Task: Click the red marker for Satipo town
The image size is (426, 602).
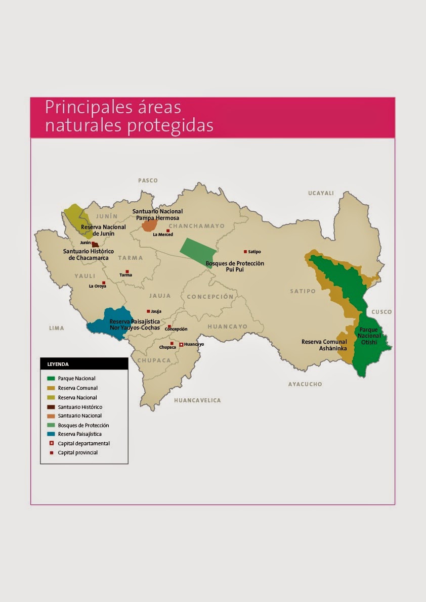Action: [245, 251]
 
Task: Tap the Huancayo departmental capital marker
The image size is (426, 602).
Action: [181, 344]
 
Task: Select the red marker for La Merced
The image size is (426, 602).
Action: [168, 230]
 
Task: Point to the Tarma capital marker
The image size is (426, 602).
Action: [127, 271]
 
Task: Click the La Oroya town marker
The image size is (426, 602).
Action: [104, 283]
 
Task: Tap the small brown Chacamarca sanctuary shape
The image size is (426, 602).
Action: [95, 245]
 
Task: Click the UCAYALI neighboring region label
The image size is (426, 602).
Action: [321, 193]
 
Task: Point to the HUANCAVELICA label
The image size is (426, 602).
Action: [197, 400]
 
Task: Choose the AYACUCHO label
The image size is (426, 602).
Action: [305, 384]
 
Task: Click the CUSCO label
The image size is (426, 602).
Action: [381, 312]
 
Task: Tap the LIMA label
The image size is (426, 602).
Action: [56, 328]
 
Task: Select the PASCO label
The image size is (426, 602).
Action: [148, 180]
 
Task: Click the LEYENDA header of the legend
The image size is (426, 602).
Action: [58, 363]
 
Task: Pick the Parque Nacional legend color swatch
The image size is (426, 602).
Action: [51, 378]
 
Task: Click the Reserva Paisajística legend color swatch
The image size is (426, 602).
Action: [51, 434]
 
